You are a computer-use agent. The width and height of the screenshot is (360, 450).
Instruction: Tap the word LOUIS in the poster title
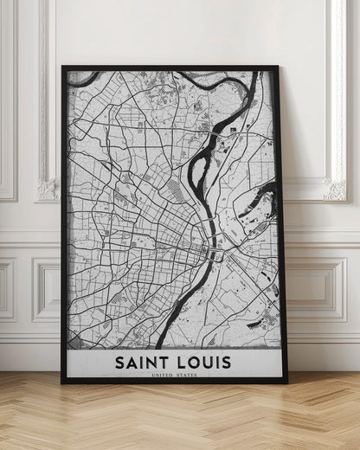coord(202,361)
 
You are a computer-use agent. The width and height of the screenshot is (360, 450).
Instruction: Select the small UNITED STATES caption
coord(173,375)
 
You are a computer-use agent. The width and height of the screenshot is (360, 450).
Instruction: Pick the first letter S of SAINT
coord(119,361)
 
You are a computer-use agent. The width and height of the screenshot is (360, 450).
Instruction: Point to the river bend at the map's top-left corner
coord(78,78)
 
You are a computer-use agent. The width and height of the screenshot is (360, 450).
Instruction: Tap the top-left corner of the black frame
coord(63,67)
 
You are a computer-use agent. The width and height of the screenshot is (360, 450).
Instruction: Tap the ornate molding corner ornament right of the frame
coord(335,188)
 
